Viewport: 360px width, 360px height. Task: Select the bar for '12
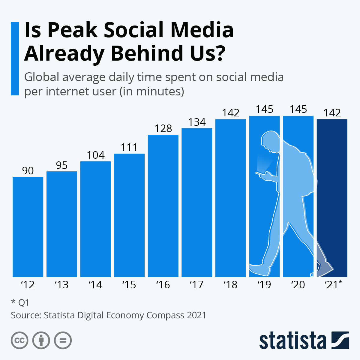click(x=28, y=227)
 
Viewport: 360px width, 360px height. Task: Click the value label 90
click(x=28, y=171)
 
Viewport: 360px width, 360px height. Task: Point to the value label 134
click(x=197, y=122)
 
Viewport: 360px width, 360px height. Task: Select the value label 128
click(x=163, y=129)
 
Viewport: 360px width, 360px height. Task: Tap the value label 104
click(x=96, y=155)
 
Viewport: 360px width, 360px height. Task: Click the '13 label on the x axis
click(x=61, y=284)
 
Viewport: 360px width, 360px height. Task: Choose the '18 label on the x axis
click(x=230, y=284)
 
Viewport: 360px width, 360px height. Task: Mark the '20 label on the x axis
click(x=298, y=284)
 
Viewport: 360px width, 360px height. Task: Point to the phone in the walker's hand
click(x=259, y=173)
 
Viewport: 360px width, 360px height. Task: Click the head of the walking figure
click(x=270, y=141)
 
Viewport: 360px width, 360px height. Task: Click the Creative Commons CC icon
click(x=19, y=340)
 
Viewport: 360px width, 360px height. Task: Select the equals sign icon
click(x=63, y=340)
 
